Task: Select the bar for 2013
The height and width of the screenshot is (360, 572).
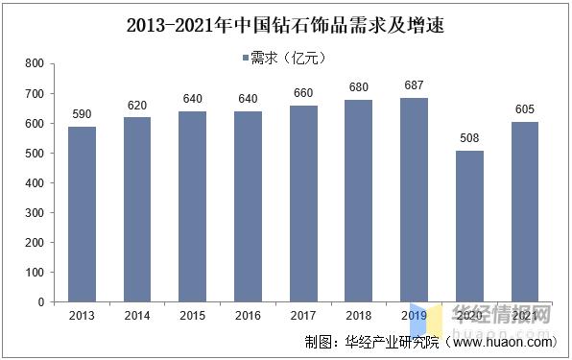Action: [x=83, y=214]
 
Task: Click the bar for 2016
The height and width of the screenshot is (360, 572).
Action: [x=250, y=206]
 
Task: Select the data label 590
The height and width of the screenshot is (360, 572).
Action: [x=83, y=115]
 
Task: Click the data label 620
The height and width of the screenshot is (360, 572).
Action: [x=138, y=107]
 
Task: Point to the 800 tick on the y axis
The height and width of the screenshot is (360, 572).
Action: [x=35, y=64]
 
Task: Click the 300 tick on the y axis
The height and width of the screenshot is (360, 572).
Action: [x=35, y=213]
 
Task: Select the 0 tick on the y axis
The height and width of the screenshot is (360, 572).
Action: [x=41, y=302]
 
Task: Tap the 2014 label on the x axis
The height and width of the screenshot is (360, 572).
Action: [x=138, y=316]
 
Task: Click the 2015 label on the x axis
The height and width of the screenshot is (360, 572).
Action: [x=194, y=316]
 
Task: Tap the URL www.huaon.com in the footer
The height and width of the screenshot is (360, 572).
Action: [x=503, y=342]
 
